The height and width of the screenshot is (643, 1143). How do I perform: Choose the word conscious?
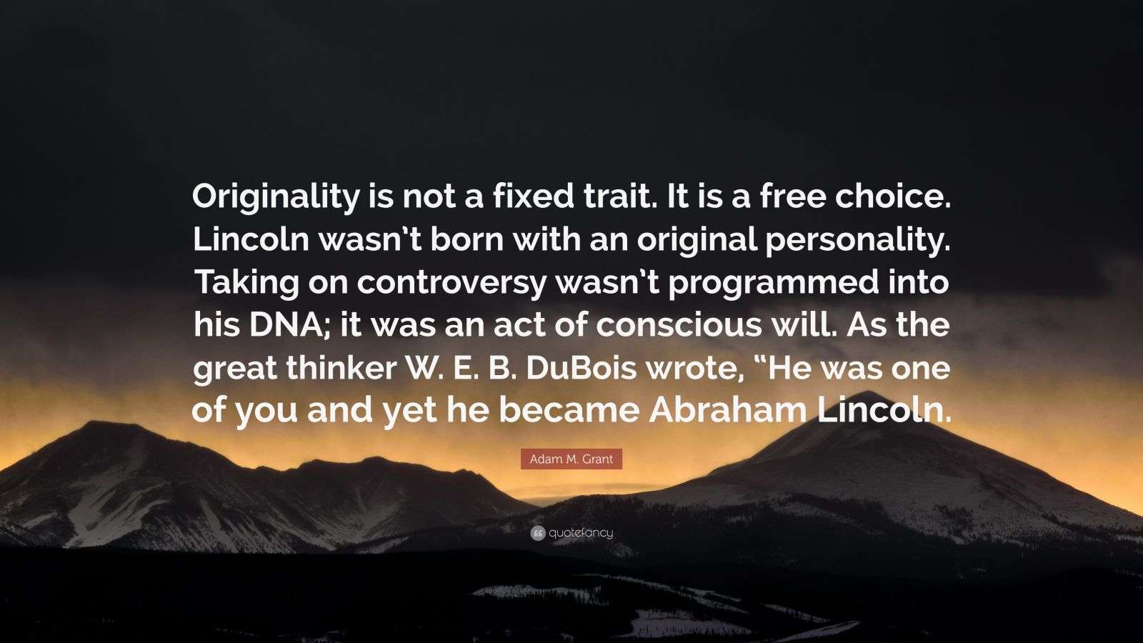(688, 325)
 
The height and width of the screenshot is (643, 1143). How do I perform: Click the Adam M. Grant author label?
(571, 459)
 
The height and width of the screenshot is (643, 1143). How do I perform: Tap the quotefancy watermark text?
(581, 533)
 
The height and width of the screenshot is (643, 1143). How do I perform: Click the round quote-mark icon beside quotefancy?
(537, 533)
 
